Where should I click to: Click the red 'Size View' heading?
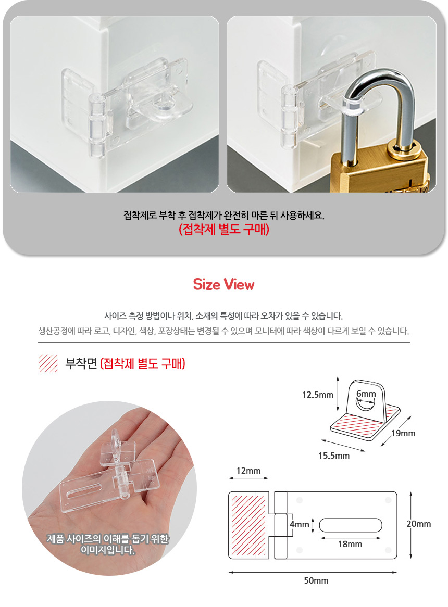click(224, 285)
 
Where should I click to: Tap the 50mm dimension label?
click(316, 580)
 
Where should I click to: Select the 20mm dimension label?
click(419, 524)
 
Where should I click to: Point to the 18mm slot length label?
click(350, 545)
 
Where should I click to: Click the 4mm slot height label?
click(300, 525)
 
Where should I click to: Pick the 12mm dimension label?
click(248, 471)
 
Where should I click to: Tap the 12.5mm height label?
click(318, 395)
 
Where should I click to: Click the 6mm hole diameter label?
click(366, 394)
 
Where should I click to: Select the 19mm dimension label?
click(403, 433)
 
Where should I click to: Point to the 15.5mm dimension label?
click(334, 456)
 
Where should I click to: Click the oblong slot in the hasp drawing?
click(351, 525)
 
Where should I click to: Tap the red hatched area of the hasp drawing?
click(248, 525)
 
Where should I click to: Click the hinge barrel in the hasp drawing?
click(281, 525)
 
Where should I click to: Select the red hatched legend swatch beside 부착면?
click(48, 363)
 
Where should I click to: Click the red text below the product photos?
click(224, 230)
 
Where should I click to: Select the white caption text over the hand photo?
click(108, 545)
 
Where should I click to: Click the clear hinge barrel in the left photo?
click(97, 125)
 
